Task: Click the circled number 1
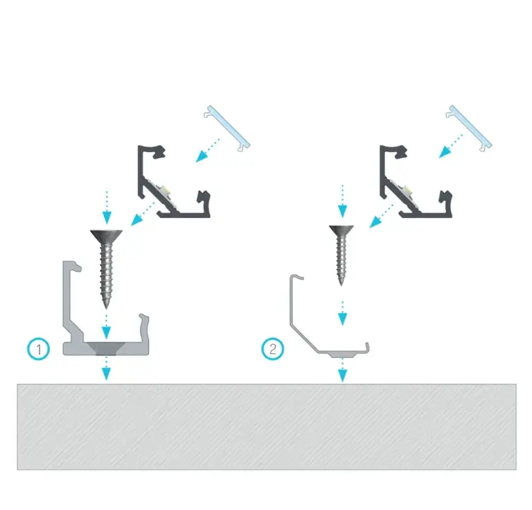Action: pyautogui.click(x=38, y=349)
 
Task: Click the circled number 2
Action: pyautogui.click(x=273, y=349)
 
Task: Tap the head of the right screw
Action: pyautogui.click(x=342, y=230)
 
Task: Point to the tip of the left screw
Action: pyautogui.click(x=107, y=309)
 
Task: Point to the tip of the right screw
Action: pyautogui.click(x=342, y=285)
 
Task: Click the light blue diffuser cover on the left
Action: pyautogui.click(x=227, y=128)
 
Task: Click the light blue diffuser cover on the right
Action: pyautogui.click(x=469, y=128)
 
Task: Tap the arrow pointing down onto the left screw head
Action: pyautogui.click(x=107, y=207)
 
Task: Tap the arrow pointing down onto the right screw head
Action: pyautogui.click(x=342, y=201)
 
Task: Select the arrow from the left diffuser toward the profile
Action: pyautogui.click(x=208, y=150)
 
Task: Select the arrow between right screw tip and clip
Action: pyautogui.click(x=342, y=313)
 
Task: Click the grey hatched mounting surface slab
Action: pyautogui.click(x=267, y=427)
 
